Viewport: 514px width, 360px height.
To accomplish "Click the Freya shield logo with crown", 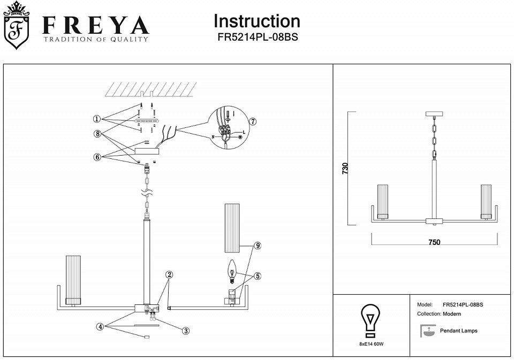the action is click(x=16, y=25).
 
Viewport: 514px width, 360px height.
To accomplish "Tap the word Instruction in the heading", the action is click(x=256, y=21).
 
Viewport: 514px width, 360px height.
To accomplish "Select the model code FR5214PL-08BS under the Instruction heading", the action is click(x=258, y=37).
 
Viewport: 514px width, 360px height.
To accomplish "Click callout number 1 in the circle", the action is click(x=97, y=119).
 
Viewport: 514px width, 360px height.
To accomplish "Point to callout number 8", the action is click(x=97, y=134).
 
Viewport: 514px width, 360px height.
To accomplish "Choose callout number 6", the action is click(x=97, y=157).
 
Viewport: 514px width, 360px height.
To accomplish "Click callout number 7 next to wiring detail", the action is click(x=252, y=121).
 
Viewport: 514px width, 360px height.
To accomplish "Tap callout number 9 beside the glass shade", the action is click(x=258, y=246).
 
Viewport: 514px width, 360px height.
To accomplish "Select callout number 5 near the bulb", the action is click(x=258, y=276).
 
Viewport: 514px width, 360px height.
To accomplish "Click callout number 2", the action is click(x=169, y=274).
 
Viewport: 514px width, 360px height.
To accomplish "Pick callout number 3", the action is click(x=186, y=331).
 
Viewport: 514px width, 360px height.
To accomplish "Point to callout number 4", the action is click(x=100, y=327).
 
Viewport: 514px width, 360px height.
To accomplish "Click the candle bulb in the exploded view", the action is click(x=232, y=272).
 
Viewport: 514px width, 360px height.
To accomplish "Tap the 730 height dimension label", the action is click(x=345, y=168).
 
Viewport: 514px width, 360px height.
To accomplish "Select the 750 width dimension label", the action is click(x=434, y=242).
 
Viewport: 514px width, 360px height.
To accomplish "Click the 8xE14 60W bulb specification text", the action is click(x=372, y=344).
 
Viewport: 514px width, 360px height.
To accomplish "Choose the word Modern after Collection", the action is click(x=452, y=314).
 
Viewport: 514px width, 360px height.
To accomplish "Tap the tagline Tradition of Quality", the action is click(x=96, y=39).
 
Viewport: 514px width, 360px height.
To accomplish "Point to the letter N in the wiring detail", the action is click(x=213, y=136).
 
